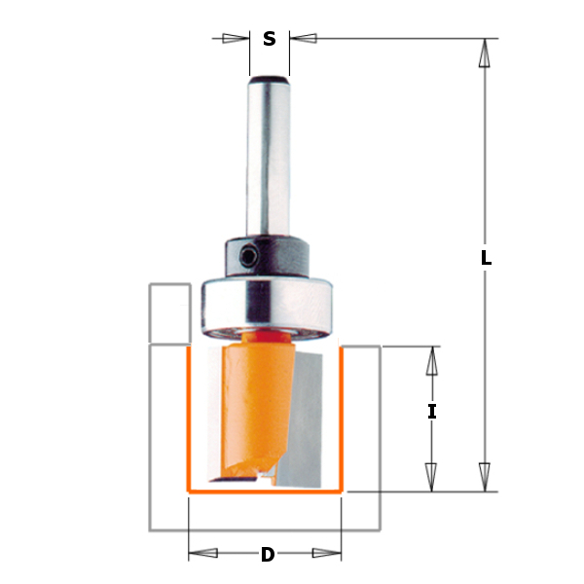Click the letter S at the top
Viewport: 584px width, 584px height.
(x=270, y=40)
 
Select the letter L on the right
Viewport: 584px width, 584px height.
(x=486, y=259)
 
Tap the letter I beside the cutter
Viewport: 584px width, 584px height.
(x=432, y=412)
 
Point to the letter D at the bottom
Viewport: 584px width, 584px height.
(x=267, y=556)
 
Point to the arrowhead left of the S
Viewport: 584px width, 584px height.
(x=235, y=39)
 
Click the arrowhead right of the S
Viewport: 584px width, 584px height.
(x=304, y=39)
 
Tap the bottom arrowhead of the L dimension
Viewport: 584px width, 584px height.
(x=482, y=476)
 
